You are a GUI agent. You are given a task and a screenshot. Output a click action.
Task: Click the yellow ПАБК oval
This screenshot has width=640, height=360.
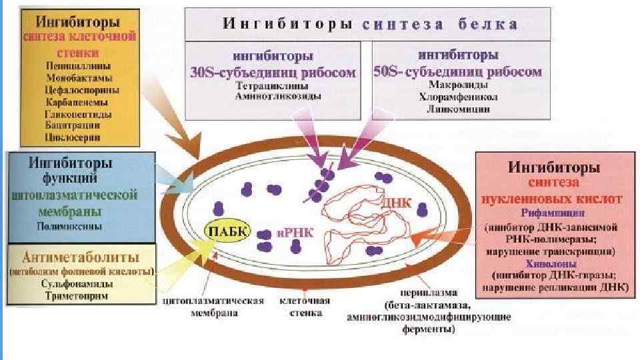(x=227, y=231)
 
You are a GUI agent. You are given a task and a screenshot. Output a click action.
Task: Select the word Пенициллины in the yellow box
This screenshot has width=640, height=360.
(x=79, y=66)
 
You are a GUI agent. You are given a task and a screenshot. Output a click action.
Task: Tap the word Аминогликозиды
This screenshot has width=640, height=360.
(x=277, y=97)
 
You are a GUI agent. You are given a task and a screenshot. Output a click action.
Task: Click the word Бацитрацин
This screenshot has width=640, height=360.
(x=73, y=125)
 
